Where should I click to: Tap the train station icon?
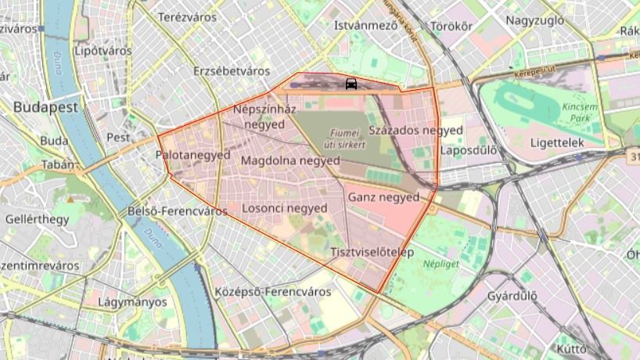coord(351,84)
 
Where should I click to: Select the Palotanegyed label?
coord(193,155)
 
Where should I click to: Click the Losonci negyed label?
coord(285,208)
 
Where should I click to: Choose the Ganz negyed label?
coord(383,197)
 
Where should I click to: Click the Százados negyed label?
coord(415,130)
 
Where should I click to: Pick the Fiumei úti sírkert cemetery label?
coord(344,138)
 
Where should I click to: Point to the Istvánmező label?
coord(366,25)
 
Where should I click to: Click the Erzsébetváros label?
coord(232,71)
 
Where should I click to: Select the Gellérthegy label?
coord(37,219)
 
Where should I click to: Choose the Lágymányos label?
coord(132,301)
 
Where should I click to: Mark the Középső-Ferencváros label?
coord(272,292)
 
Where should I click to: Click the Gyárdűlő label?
coord(512,297)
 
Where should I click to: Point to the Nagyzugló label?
coord(534,20)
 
